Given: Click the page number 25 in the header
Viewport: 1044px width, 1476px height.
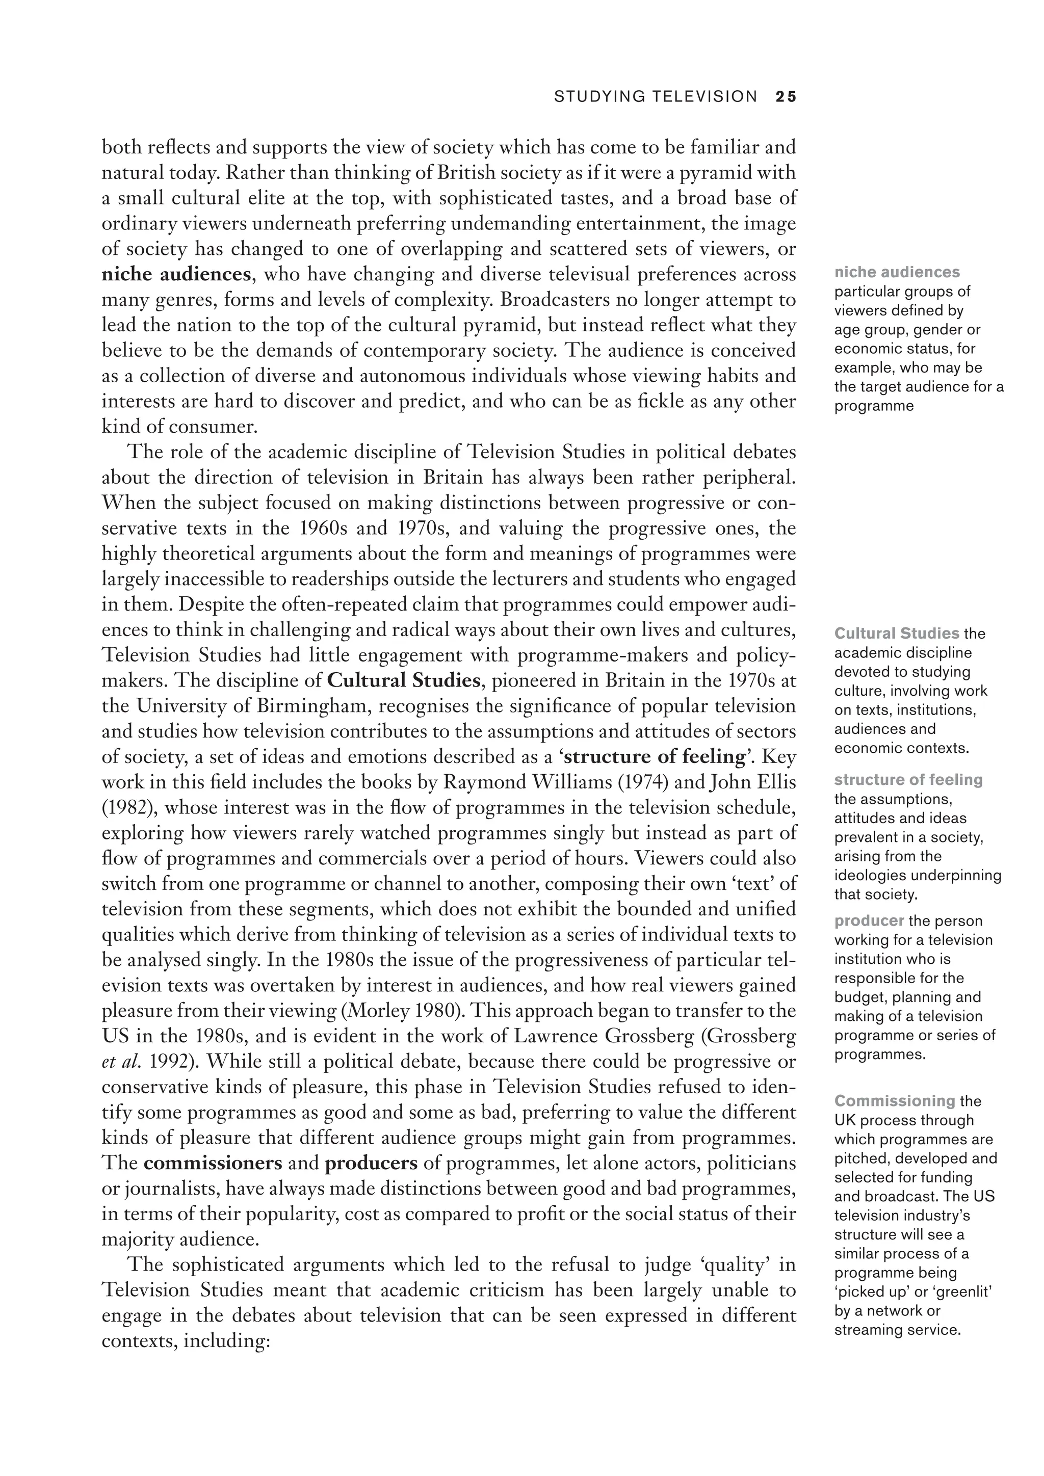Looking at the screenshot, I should (x=786, y=96).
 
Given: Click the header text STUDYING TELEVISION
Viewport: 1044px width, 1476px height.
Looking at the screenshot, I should (x=656, y=96).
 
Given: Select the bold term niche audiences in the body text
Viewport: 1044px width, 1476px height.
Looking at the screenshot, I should (x=175, y=275).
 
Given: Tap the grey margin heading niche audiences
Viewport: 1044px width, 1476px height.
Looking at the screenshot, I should (x=897, y=272).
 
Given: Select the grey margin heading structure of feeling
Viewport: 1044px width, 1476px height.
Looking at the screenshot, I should (x=908, y=780).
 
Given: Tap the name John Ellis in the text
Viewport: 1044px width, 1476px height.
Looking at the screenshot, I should (x=753, y=782).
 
